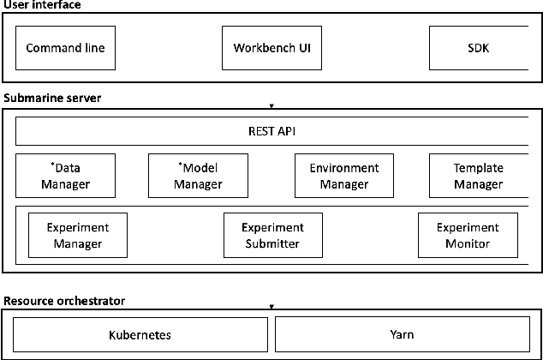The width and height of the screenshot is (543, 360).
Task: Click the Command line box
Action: (x=65, y=48)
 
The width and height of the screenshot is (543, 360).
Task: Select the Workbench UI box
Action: (x=271, y=48)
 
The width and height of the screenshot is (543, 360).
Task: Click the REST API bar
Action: (x=271, y=132)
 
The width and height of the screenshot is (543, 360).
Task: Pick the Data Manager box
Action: (x=65, y=176)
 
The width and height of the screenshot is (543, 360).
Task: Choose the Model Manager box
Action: (x=198, y=176)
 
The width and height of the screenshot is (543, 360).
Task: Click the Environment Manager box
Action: (x=343, y=176)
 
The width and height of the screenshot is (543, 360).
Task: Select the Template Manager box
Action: (x=478, y=176)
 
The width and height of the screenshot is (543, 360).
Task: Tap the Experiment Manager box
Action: (x=78, y=235)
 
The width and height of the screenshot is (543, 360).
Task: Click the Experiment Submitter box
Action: (x=271, y=235)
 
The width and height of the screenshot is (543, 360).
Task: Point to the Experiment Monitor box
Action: (x=467, y=235)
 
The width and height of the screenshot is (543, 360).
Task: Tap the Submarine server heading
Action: (x=52, y=99)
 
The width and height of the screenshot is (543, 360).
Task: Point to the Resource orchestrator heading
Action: (x=64, y=301)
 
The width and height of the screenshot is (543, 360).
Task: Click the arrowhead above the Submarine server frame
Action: (x=271, y=106)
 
